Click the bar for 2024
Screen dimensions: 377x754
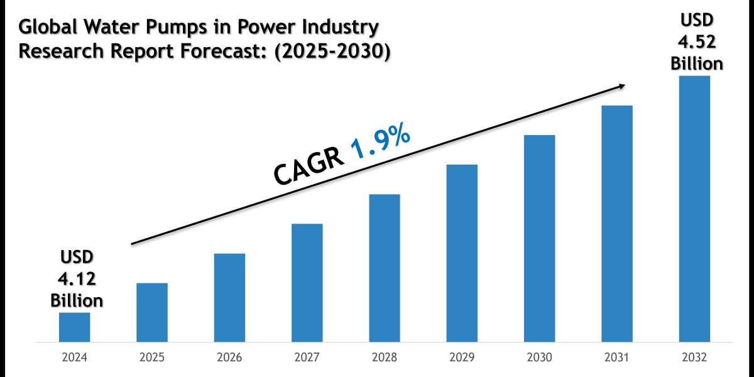74,327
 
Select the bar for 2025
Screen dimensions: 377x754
152,312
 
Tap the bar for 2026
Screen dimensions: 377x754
229,298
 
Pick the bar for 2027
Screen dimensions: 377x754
307,283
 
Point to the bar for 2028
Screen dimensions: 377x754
385,268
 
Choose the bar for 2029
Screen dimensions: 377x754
462,253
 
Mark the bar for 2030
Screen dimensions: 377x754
540,239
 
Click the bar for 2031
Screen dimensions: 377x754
617,224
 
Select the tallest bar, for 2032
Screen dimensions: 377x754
694,209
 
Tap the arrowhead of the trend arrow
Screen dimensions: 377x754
622,85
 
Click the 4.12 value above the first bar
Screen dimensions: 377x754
77,278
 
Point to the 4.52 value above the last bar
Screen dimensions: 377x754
696,41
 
